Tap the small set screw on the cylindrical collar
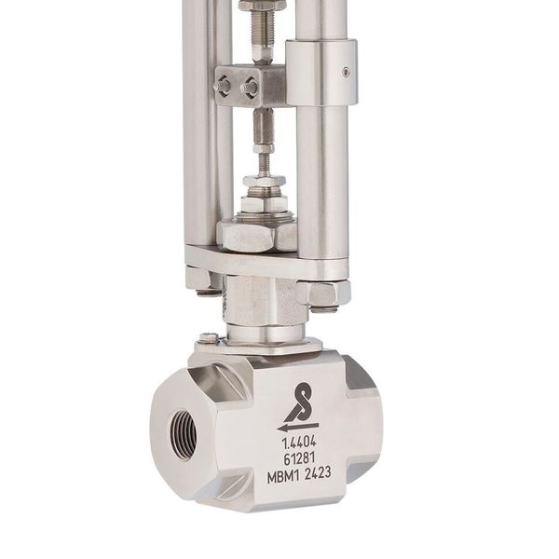(347, 71)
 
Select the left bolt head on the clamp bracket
(224, 86)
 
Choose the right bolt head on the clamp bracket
(250, 87)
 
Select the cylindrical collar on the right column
(320, 72)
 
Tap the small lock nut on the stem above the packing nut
(264, 181)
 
